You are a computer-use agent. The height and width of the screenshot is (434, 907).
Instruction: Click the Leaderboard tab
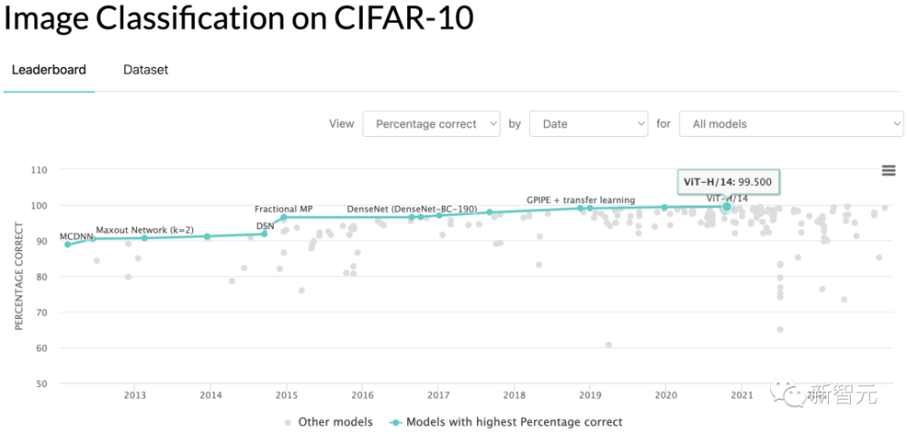coord(49,70)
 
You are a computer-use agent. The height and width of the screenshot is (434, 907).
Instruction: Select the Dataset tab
coord(146,70)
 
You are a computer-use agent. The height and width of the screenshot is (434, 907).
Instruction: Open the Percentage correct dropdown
coord(431,124)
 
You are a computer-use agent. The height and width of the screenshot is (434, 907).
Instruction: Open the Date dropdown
coord(588,124)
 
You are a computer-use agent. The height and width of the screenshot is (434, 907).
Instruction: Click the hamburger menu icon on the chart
coord(889,170)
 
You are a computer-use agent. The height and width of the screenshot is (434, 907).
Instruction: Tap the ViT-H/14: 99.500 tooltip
coord(728,181)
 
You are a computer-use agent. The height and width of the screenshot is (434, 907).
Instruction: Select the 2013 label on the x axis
coord(135,394)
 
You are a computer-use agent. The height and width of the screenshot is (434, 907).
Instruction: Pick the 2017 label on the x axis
coord(438,394)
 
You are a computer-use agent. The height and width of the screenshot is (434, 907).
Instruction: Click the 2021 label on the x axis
coord(742,394)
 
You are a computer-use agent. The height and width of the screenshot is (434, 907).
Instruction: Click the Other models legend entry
coord(328,421)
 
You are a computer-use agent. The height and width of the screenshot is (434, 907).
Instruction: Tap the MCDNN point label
coord(76,236)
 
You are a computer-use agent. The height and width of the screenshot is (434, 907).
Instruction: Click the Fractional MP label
coord(283,209)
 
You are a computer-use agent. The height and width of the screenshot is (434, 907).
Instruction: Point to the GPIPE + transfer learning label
coord(580,199)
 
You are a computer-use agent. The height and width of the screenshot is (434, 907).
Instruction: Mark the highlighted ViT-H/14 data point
coord(727,207)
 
